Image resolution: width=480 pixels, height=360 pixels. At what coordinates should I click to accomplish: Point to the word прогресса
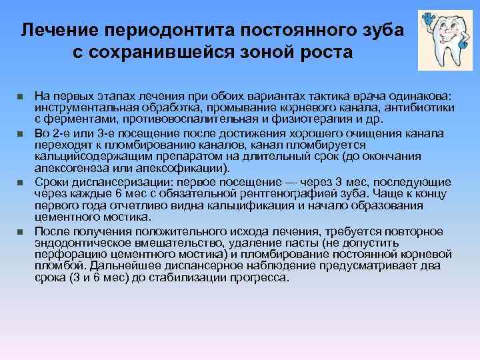point(256,276)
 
